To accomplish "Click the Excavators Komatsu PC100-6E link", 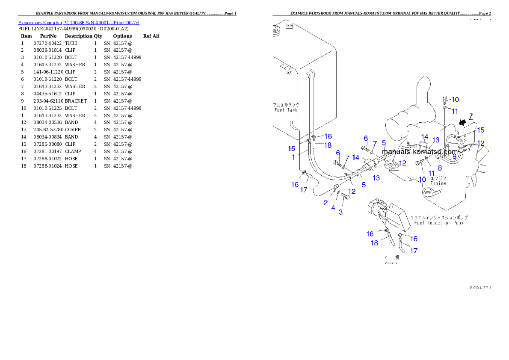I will click(x=79, y=23).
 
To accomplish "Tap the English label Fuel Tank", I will click(x=286, y=110).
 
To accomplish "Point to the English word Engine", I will click(x=438, y=183).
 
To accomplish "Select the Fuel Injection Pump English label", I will click(x=436, y=223).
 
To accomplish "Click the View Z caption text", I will click(x=391, y=263).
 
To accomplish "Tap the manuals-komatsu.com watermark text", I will click(x=420, y=151).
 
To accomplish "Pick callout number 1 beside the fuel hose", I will click(x=293, y=157).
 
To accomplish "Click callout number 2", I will click(x=326, y=203).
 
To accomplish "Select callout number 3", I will click(x=340, y=212).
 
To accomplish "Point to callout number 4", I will click(x=333, y=207).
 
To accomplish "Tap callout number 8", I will click(x=440, y=168).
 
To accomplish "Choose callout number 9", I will click(x=454, y=156).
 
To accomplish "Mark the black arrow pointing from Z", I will click(x=462, y=123).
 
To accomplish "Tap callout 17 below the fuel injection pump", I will click(x=414, y=251).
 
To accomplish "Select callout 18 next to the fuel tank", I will click(x=328, y=145).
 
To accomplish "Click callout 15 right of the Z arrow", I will click(x=481, y=130).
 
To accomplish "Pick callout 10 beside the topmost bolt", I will click(x=455, y=100).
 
